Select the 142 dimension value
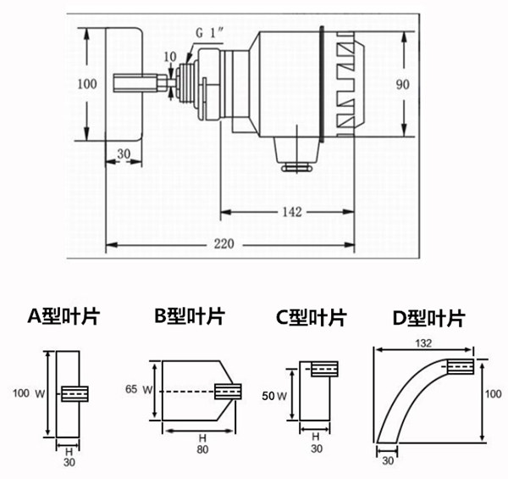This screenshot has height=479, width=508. click(290, 212)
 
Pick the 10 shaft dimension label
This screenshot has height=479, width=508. click(172, 56)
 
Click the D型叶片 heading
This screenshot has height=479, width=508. click(428, 319)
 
